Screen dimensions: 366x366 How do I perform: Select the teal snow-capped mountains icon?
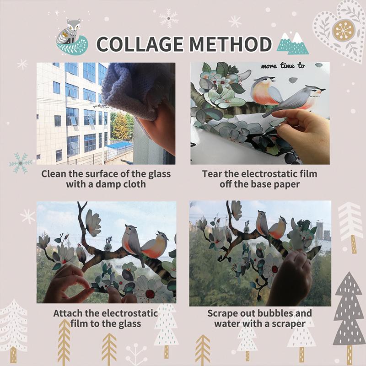coord(293,43)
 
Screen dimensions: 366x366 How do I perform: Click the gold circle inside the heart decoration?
coord(344,30)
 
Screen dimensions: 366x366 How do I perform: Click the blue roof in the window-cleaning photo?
coord(118,146)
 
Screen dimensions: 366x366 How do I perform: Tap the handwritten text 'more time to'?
coord(283,65)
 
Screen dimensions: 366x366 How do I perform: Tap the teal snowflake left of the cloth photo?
coord(21,163)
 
